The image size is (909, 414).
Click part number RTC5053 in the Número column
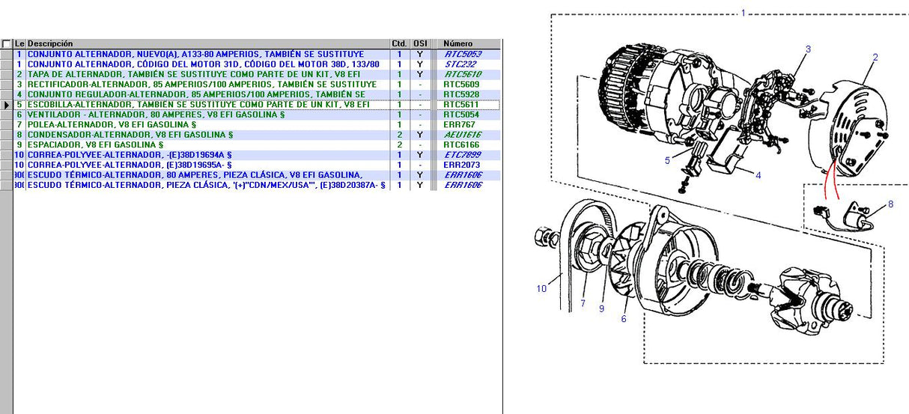462,55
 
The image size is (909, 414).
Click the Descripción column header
50,44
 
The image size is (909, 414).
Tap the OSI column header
420,44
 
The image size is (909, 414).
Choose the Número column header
457,44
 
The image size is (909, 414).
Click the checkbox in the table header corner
6,44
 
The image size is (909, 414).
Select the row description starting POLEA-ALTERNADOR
112,124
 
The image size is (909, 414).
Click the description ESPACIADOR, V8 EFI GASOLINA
95,144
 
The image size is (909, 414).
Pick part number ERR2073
460,165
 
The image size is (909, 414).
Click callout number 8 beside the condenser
890,204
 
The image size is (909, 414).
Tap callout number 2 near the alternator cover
875,58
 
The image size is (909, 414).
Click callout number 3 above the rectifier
808,49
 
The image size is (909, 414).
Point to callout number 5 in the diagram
667,160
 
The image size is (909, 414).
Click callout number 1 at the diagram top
743,13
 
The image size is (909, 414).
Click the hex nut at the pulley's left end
544,239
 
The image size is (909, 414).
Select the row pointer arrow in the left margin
7,105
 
